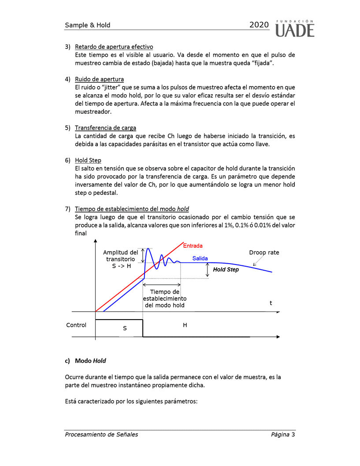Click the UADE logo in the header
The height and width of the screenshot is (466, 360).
295,28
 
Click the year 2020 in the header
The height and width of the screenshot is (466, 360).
259,25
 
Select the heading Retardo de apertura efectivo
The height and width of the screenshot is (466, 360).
114,47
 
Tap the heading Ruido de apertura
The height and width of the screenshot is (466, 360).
99,79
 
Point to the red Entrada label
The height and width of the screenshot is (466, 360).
193,246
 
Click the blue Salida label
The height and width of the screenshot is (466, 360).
200,258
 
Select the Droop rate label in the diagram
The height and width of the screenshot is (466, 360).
264,253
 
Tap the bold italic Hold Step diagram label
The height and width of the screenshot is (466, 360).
226,269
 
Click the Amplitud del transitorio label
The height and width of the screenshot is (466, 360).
120,259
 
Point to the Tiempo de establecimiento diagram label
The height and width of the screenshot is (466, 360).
164,298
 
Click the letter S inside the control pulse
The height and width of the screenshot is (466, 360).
125,328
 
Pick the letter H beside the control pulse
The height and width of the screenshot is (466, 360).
185,325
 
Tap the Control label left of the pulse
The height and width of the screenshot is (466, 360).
76,325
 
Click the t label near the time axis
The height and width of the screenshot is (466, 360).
271,303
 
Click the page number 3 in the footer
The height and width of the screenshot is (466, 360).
293,434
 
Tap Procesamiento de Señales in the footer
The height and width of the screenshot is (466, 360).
101,434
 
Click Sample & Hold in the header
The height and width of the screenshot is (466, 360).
88,25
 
